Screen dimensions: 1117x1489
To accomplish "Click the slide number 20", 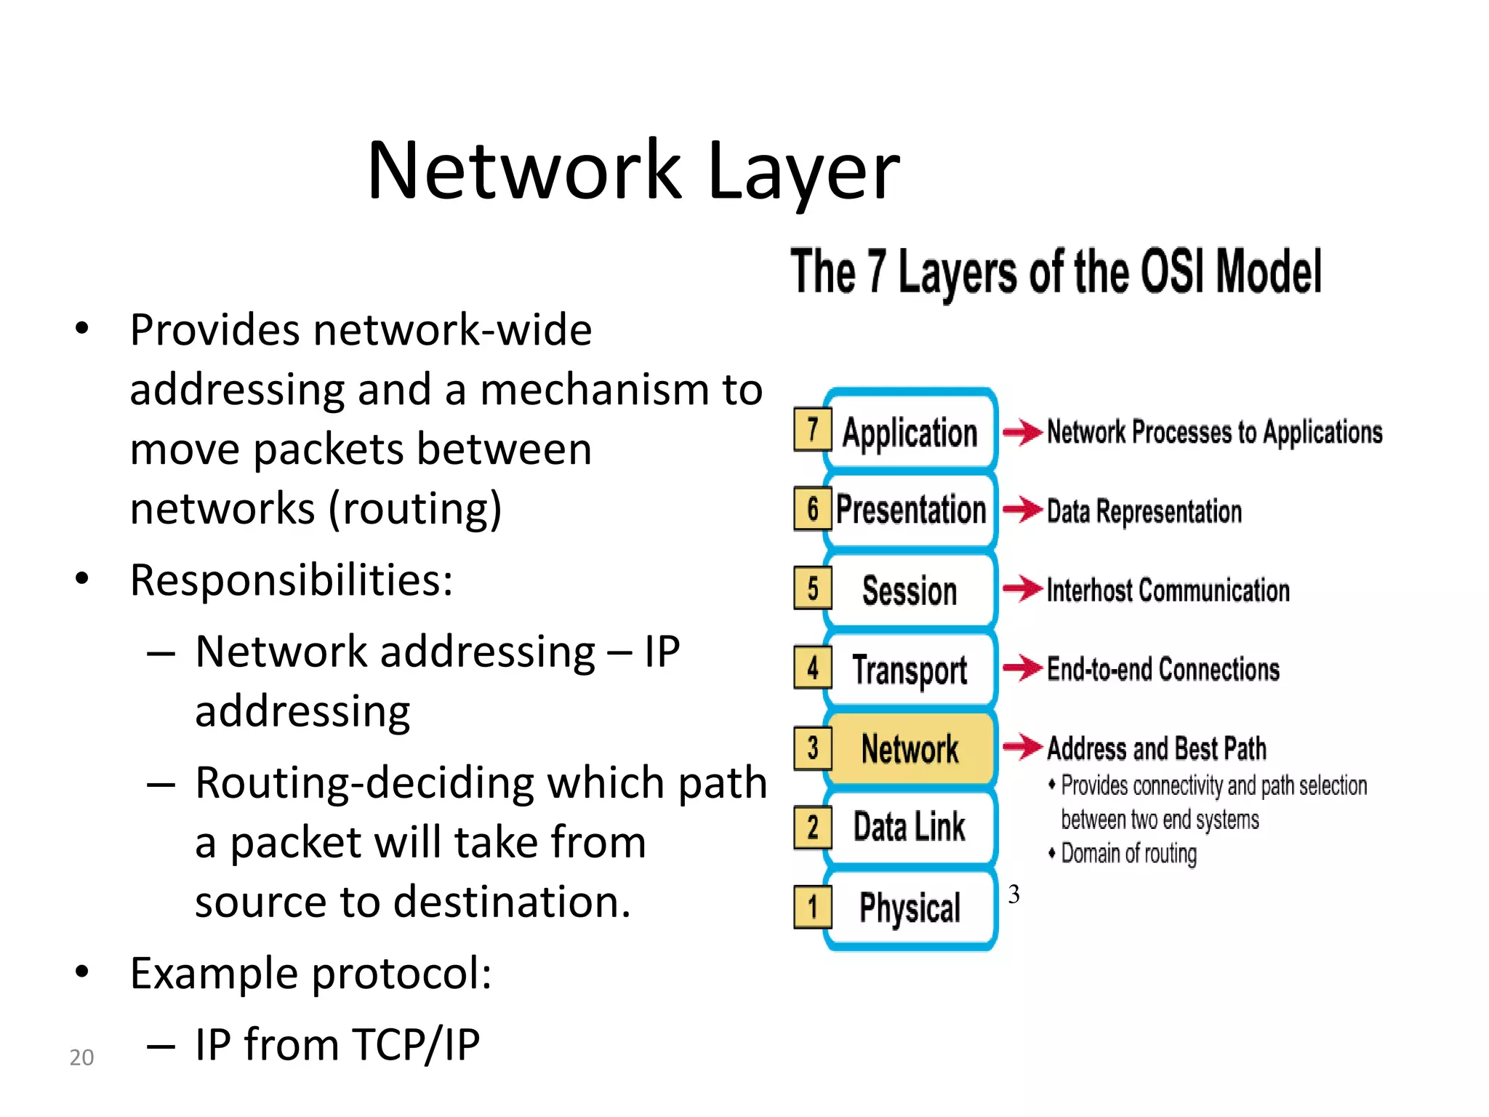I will [81, 1057].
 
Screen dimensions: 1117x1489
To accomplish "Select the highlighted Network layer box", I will [910, 749].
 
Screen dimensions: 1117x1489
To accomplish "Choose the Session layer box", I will [910, 590].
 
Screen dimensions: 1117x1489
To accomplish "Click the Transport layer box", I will [910, 670].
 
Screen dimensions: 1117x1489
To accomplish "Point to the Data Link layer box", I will [910, 828].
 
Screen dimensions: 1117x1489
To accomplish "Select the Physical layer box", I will [910, 908].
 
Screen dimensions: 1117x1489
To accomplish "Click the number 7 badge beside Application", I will [812, 429].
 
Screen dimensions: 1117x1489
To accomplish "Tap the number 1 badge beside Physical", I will [812, 907].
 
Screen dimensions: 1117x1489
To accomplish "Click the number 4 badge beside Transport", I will [812, 668].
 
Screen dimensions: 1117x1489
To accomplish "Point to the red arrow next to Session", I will [1022, 588].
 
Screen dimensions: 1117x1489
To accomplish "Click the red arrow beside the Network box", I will [1022, 745].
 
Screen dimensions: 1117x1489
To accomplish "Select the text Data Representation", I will [1144, 511].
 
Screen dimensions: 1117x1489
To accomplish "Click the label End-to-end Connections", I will [1163, 669].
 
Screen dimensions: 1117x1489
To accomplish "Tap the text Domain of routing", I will [1128, 853].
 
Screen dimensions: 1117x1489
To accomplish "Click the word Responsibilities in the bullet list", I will [291, 580].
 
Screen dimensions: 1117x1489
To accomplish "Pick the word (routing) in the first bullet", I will [415, 508].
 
